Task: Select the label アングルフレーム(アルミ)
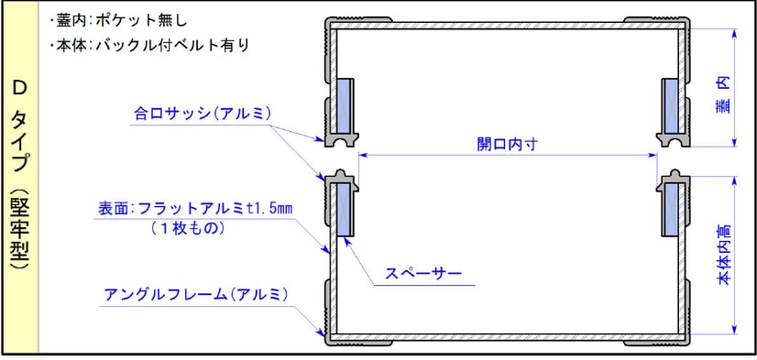pyautogui.click(x=197, y=294)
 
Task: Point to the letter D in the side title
pyautogui.click(x=18, y=88)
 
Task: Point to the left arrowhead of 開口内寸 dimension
pyautogui.click(x=362, y=155)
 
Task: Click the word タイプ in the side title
pyautogui.click(x=18, y=142)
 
